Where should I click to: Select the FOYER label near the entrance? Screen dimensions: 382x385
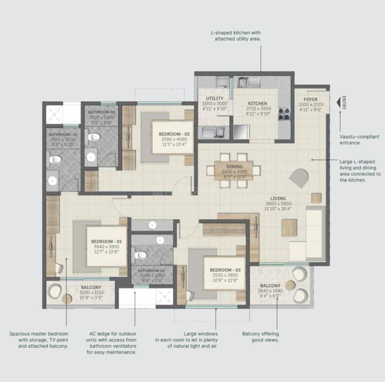tap(310, 100)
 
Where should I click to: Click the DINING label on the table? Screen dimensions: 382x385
tap(234, 167)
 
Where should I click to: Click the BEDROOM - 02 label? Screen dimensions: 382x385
tap(168, 134)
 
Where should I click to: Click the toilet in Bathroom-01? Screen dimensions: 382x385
tap(54, 159)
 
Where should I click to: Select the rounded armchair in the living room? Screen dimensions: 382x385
tap(299, 178)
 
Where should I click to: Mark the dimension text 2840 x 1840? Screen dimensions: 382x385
tap(270, 291)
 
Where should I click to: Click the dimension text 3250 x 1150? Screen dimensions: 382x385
tap(91, 292)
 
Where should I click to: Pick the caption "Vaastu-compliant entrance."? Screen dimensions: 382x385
tap(356, 140)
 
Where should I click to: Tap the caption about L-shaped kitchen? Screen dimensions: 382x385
tap(238, 36)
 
